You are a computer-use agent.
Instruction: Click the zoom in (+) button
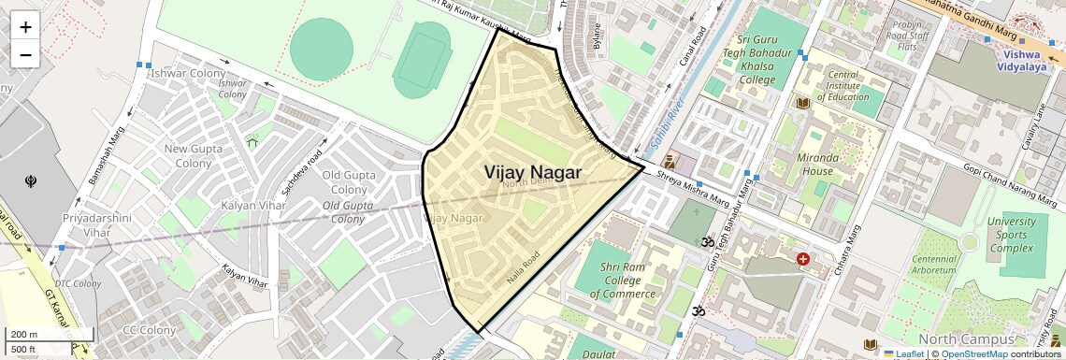25,26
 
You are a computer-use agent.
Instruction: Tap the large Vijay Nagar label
532,172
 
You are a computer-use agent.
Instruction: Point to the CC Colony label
150,330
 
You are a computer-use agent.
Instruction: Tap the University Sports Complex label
1012,236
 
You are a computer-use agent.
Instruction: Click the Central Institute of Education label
843,86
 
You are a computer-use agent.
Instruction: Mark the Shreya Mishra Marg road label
692,187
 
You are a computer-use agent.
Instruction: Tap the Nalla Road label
524,269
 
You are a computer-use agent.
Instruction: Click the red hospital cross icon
802,258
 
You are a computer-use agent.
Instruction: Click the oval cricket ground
321,49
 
